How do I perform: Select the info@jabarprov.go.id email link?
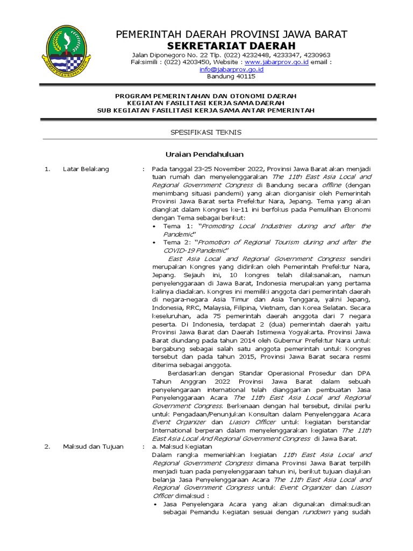click(x=231, y=69)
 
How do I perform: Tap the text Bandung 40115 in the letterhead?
click(x=231, y=76)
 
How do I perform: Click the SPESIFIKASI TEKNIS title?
click(x=206, y=132)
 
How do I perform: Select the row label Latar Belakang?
click(x=86, y=169)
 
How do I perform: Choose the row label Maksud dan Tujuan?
click(x=93, y=447)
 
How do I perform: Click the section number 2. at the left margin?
click(x=47, y=447)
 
